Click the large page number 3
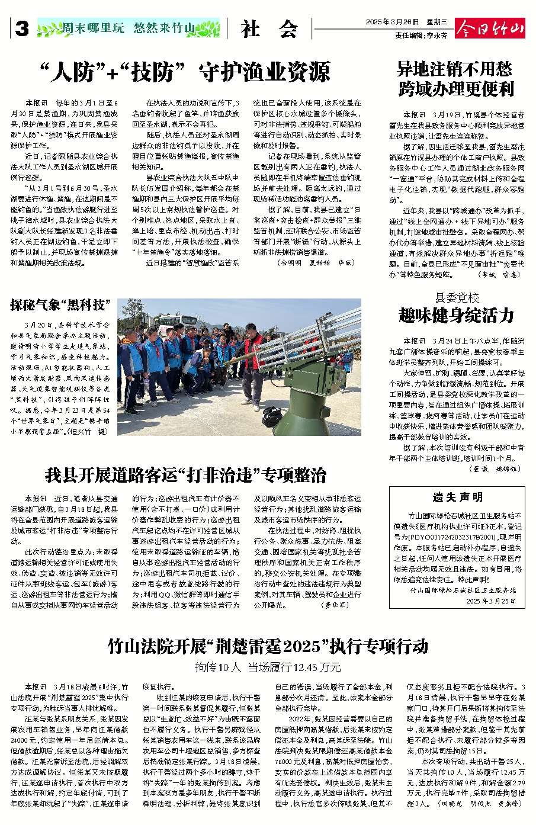pyautogui.click(x=22, y=28)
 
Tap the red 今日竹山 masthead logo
pyautogui.click(x=490, y=28)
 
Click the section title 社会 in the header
pyautogui.click(x=270, y=29)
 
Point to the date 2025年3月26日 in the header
pyautogui.click(x=391, y=22)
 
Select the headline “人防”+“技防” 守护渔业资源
pyautogui.click(x=185, y=72)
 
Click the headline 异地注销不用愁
pyautogui.click(x=455, y=69)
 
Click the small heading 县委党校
pyautogui.click(x=457, y=297)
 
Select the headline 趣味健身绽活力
pyautogui.click(x=456, y=316)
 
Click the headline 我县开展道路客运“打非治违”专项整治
pyautogui.click(x=185, y=475)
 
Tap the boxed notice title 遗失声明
pyautogui.click(x=457, y=497)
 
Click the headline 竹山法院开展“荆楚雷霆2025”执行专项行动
pyautogui.click(x=268, y=646)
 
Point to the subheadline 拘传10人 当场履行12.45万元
pyautogui.click(x=268, y=667)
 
